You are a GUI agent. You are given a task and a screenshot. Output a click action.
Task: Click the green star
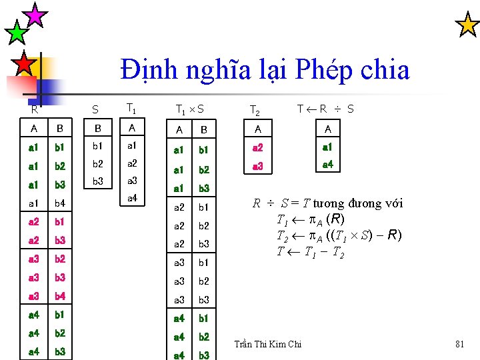click(x=16, y=32)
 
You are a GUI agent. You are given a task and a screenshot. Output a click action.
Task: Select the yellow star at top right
click(x=467, y=25)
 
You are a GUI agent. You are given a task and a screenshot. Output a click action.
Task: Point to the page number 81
click(x=459, y=344)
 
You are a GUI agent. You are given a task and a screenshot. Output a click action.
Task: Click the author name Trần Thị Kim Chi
click(x=268, y=344)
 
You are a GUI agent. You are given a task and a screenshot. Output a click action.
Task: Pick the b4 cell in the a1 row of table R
click(x=60, y=203)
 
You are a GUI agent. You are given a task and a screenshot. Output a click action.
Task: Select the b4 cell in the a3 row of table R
click(x=60, y=295)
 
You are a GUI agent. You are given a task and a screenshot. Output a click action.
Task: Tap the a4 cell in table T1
click(x=132, y=198)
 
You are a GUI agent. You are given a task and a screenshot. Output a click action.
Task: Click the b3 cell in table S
click(x=97, y=181)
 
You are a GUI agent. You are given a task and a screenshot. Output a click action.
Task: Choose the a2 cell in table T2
click(x=258, y=147)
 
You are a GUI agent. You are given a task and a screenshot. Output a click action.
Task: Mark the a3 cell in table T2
click(x=258, y=165)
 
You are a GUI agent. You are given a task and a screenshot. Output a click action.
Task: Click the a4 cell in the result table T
click(x=327, y=164)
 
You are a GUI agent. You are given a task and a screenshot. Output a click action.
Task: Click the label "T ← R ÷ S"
click(x=325, y=109)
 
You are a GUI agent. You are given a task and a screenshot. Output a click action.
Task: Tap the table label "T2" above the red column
click(x=254, y=110)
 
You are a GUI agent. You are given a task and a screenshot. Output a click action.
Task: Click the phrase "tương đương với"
click(x=358, y=203)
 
